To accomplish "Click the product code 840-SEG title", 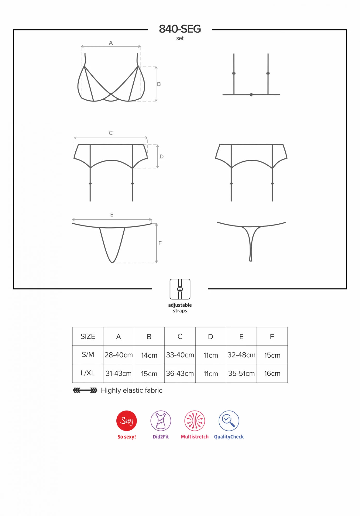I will coord(180,29).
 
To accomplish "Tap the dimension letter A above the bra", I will coord(111,43).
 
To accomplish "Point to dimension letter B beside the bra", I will coord(159,84).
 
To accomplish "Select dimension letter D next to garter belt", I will coord(162,157).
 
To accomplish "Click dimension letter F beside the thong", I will coord(160,243).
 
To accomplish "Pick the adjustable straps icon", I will coord(180,289).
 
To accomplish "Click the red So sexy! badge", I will coord(126,421).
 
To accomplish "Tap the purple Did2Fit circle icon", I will coord(161,421).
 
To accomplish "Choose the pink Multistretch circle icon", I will coord(195,421).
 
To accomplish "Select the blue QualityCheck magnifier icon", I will coord(229,421).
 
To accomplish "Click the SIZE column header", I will coord(88,336).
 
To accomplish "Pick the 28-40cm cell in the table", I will coord(118,355).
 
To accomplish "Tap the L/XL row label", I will coord(88,373).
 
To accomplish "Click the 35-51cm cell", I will coord(241,373).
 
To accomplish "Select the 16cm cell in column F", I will coord(272,373).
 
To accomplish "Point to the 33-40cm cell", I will coord(180,355).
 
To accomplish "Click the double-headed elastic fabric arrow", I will coord(85,390).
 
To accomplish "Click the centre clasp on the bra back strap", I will coord(251,95).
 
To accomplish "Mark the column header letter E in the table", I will coord(241,337).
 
